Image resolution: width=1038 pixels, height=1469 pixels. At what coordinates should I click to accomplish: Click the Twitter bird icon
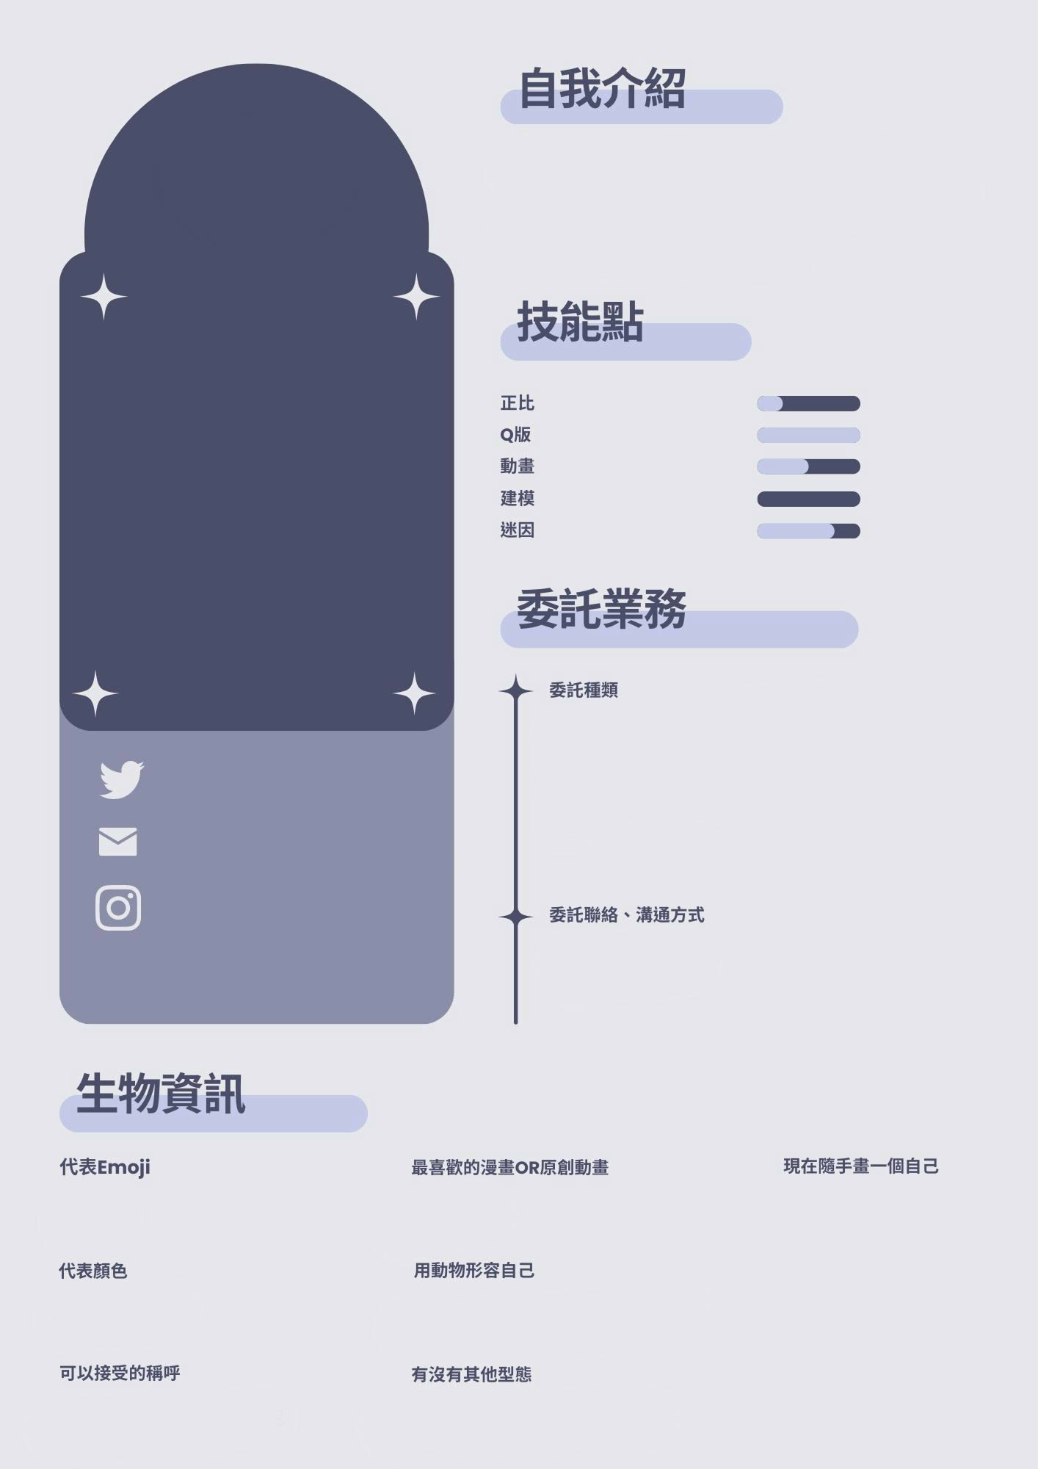click(x=121, y=779)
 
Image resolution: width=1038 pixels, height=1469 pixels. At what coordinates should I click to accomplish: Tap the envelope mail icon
click(x=117, y=842)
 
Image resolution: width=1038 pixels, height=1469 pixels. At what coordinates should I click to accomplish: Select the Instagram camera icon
click(x=118, y=908)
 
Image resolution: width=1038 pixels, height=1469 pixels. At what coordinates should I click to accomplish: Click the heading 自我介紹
click(x=602, y=90)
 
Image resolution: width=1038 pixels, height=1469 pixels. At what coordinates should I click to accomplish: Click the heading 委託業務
click(x=602, y=609)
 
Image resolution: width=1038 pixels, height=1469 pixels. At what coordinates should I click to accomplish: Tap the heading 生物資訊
click(x=161, y=1094)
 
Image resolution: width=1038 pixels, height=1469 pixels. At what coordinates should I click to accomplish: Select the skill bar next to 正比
click(x=808, y=404)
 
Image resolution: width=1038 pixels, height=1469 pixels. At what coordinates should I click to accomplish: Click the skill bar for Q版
click(x=808, y=436)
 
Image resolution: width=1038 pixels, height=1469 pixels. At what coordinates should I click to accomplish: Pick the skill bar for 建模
click(x=808, y=499)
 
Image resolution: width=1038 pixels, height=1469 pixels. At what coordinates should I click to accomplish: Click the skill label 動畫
click(x=518, y=466)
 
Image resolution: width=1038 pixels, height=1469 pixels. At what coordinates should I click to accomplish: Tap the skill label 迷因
click(x=518, y=530)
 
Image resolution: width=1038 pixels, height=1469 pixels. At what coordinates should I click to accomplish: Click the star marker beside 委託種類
click(x=515, y=690)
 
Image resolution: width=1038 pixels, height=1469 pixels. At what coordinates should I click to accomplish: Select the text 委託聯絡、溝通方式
click(x=626, y=915)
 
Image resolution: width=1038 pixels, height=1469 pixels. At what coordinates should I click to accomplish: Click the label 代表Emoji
click(x=105, y=1167)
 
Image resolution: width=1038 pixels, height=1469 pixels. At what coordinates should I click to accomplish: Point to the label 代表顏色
click(x=93, y=1271)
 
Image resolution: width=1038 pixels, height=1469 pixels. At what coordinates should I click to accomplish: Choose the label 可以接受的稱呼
click(x=120, y=1374)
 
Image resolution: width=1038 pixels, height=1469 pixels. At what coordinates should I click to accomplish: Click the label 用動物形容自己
click(x=474, y=1271)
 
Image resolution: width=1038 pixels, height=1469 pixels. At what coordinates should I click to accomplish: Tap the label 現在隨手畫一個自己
click(x=861, y=1166)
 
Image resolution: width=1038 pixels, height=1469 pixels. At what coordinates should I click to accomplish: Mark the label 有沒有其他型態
click(x=471, y=1375)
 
